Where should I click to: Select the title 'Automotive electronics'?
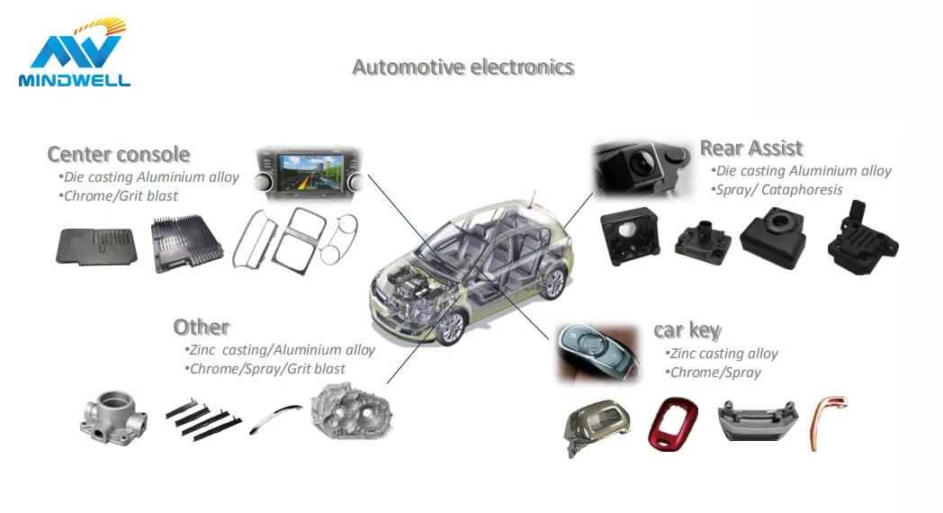[463, 67]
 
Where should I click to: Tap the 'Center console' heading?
[119, 155]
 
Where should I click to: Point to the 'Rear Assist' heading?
[751, 148]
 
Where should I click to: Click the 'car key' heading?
[687, 330]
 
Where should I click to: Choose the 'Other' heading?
[201, 328]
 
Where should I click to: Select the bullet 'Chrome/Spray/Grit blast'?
[265, 369]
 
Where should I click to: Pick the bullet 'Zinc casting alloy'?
[721, 354]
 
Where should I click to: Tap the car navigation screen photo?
[309, 173]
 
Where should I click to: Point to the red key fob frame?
[673, 423]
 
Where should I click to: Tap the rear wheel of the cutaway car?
[553, 283]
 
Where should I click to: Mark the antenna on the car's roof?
[533, 199]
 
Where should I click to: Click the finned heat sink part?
[186, 243]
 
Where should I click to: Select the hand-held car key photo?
[597, 353]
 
